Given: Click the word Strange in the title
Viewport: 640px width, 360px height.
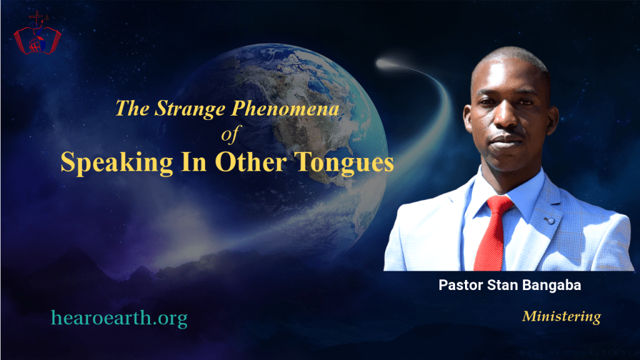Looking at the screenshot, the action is [190, 109].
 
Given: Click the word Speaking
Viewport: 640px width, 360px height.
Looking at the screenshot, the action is [117, 163].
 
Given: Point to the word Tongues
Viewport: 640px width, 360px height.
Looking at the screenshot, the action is [344, 163].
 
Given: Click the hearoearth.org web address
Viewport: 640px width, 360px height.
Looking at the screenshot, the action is [119, 318].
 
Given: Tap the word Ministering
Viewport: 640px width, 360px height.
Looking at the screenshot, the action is [562, 316].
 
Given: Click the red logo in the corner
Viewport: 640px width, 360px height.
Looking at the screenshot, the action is [37, 33].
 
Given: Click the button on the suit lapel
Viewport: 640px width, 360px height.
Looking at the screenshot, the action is [550, 221].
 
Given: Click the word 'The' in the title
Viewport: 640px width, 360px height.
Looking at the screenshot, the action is [132, 109].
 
